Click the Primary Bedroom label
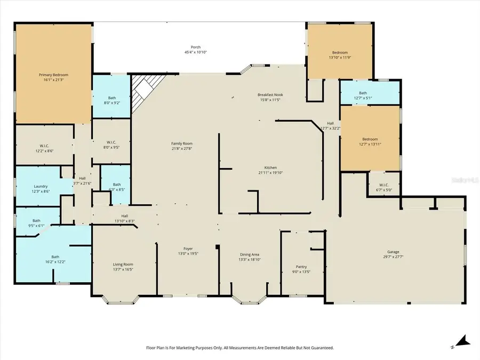pos(53,75)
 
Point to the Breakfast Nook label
pos(270,94)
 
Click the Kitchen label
pos(271,167)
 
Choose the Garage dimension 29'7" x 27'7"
pos(393,257)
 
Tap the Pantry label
pos(301,267)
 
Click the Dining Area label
pos(249,255)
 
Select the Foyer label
pos(188,249)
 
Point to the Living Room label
pos(123,265)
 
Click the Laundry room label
pos(41,186)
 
